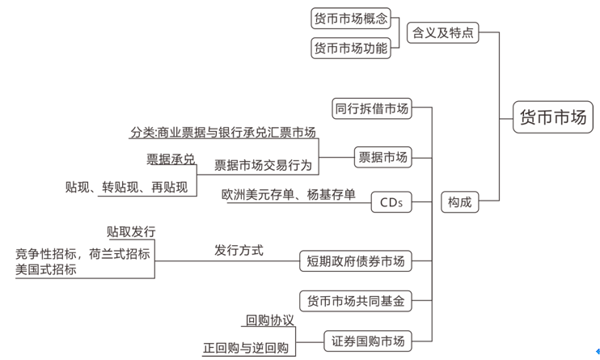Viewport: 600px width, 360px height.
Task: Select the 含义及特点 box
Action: [442, 33]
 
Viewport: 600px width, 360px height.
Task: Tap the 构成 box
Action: [460, 202]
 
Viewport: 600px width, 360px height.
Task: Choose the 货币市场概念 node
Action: [351, 18]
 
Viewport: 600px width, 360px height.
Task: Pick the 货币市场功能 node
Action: [351, 49]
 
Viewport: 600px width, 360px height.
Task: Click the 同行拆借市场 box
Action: [371, 108]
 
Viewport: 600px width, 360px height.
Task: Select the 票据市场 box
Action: [382, 156]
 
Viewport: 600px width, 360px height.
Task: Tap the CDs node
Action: [391, 202]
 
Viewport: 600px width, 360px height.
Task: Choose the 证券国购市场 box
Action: [368, 341]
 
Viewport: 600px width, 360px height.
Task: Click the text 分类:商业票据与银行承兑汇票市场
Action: [222, 132]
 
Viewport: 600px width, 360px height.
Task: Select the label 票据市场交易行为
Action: [263, 165]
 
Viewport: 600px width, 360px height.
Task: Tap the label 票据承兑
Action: [171, 159]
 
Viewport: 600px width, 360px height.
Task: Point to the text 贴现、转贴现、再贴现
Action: [126, 187]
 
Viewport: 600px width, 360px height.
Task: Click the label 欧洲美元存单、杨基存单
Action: [288, 194]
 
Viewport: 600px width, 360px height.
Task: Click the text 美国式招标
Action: [46, 269]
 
